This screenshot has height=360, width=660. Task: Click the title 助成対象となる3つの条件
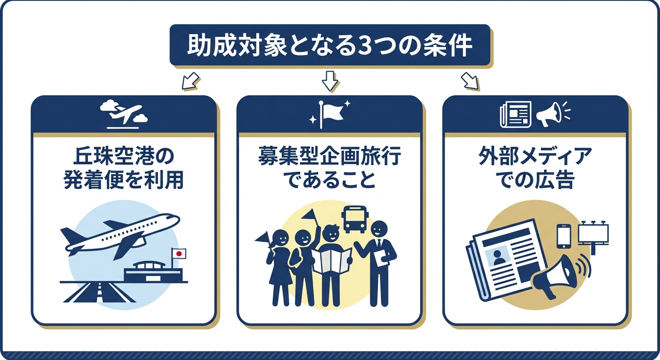[x=330, y=45]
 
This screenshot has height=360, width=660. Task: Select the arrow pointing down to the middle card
[x=330, y=81]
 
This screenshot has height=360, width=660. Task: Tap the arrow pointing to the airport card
[x=189, y=81]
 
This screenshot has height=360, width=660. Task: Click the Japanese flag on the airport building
[x=179, y=254]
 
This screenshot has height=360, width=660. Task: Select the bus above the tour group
[x=355, y=218]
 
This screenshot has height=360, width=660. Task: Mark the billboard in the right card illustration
[x=593, y=233]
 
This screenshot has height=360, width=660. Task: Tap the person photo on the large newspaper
[x=499, y=257]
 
